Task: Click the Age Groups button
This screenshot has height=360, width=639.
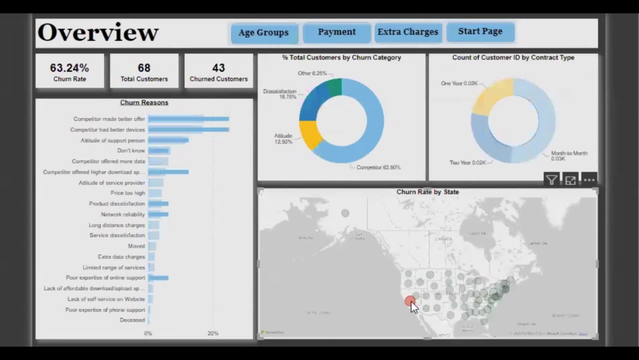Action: pos(263,33)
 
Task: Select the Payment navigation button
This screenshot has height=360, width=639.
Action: pos(337,32)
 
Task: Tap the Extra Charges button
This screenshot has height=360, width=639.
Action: pos(408,32)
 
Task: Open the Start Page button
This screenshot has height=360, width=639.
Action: pos(480,31)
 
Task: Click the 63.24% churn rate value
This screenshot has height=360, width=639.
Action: pos(70,68)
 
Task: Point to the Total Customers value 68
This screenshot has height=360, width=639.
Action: pos(144,68)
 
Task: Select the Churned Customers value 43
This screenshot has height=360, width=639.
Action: pos(219,68)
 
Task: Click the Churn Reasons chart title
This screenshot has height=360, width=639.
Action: pos(144,102)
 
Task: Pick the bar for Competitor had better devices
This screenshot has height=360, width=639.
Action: pos(188,130)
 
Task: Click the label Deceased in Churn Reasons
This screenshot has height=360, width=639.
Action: pos(132,320)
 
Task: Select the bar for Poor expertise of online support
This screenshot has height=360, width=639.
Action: pos(158,278)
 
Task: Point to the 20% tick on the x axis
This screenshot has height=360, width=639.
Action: pos(213,334)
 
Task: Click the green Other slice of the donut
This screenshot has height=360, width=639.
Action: pos(334,87)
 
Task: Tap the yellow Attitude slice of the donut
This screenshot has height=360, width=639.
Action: pos(309,135)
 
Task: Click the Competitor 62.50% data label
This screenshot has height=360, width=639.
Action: pos(378,168)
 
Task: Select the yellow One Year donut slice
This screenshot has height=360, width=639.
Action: pos(492,96)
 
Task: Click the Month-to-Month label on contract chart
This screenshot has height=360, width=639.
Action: pos(569,153)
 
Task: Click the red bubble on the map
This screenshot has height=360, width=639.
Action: pos(410,301)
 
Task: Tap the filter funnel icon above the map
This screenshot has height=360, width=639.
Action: pos(551,180)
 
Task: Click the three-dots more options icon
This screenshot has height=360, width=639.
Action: pos(589,180)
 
